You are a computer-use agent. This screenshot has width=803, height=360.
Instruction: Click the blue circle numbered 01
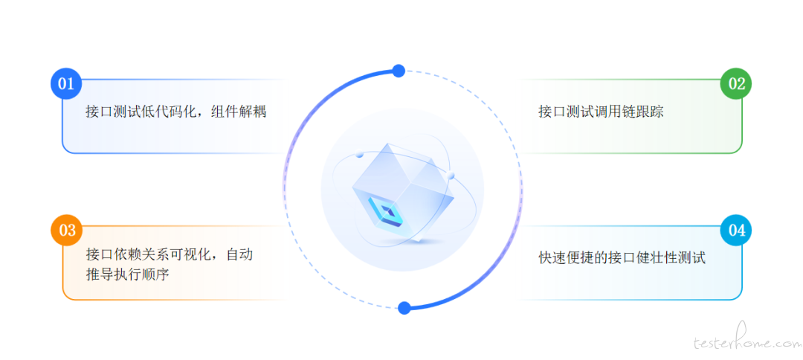click(66, 83)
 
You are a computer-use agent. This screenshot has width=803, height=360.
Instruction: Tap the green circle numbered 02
click(736, 83)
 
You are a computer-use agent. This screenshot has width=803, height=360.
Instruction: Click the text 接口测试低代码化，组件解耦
click(176, 112)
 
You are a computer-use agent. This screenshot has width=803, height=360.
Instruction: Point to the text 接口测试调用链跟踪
click(601, 112)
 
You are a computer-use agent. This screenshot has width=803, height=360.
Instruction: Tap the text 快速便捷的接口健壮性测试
click(622, 257)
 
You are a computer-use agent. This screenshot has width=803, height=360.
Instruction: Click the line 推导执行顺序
click(128, 274)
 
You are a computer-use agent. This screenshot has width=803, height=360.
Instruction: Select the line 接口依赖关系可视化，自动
click(170, 254)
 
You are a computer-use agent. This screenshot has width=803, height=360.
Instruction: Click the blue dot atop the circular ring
click(399, 71)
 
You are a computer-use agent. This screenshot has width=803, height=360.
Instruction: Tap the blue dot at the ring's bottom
click(404, 308)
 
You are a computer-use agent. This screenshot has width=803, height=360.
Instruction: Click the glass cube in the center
click(404, 191)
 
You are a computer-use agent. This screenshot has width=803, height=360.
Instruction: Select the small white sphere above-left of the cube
click(359, 154)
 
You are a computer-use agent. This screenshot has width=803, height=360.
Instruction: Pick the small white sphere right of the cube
click(451, 176)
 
